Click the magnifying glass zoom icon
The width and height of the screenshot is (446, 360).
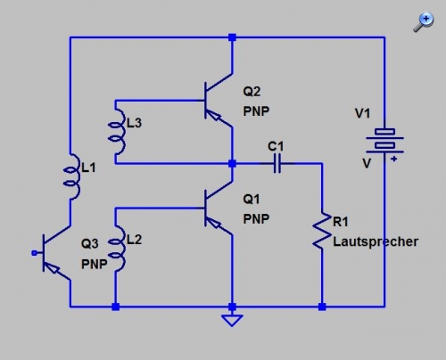[424, 21]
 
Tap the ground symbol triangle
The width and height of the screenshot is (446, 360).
[232, 321]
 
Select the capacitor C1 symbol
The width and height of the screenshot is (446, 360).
[277, 163]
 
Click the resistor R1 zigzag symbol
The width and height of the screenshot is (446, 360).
[322, 230]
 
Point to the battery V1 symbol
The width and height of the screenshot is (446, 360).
[384, 142]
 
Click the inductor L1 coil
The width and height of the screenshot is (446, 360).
[72, 176]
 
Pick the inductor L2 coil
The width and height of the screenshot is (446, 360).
[117, 248]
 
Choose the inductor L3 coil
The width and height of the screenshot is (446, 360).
[117, 131]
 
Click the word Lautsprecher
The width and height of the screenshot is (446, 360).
[376, 241]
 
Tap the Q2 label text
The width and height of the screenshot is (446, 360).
[252, 91]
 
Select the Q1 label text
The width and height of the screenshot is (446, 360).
[252, 199]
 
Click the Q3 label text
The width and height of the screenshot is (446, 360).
[90, 244]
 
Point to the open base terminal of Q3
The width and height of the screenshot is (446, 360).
[35, 253]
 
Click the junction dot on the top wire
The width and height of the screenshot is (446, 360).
[232, 37]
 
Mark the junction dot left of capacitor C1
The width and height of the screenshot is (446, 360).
[232, 163]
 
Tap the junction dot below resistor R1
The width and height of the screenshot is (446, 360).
[322, 307]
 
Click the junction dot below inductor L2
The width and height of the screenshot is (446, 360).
[116, 307]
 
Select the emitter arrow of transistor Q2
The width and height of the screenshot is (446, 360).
[215, 116]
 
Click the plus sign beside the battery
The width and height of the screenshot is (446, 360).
[394, 159]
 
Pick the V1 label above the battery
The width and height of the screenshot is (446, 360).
[362, 113]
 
